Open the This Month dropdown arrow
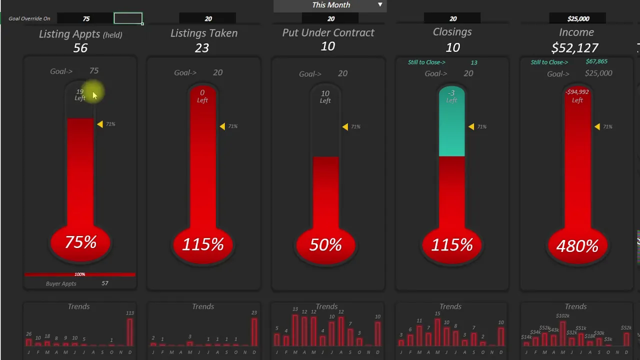[380, 5]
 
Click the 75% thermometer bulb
[80, 243]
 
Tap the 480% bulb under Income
[577, 245]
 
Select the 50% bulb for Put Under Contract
[325, 245]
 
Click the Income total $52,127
[574, 48]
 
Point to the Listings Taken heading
[204, 33]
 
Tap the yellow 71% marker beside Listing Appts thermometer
[100, 124]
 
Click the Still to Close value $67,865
[596, 61]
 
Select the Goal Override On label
[29, 18]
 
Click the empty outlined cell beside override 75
[128, 18]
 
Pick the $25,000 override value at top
[578, 18]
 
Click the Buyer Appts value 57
[105, 283]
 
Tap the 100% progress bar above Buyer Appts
[80, 274]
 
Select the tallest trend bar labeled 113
[130, 332]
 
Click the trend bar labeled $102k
[563, 333]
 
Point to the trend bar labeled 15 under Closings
[437, 332]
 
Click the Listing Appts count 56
[80, 48]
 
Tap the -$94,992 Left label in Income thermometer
[577, 95]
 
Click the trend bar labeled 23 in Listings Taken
[254, 332]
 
